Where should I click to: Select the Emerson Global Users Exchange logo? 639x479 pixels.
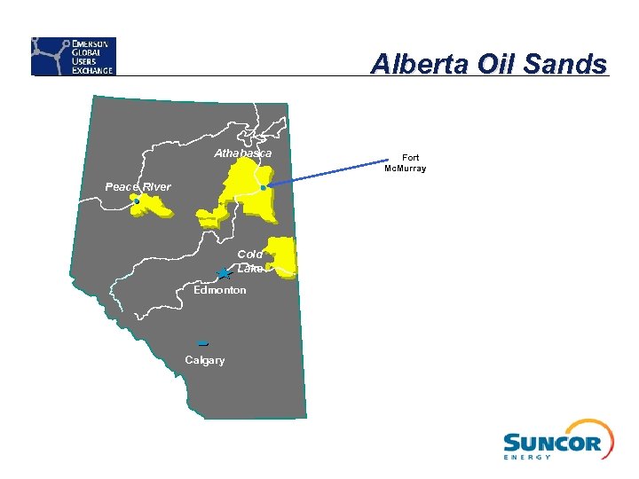point(74,56)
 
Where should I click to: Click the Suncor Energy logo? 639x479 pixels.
point(557,440)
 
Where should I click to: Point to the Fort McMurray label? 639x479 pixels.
point(405,163)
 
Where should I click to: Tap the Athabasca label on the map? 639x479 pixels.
point(242,153)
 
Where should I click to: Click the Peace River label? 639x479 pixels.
point(138,186)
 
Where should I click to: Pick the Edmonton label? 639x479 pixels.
point(220,290)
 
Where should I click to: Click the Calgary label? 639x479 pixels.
point(204,360)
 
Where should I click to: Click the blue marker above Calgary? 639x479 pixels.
point(203,342)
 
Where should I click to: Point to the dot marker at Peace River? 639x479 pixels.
point(136,202)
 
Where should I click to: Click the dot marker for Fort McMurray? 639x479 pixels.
point(264,188)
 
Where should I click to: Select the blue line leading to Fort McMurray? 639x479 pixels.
point(328,174)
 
